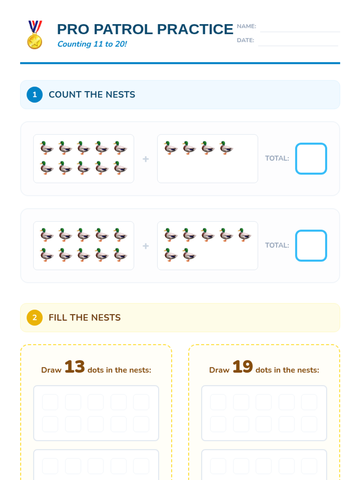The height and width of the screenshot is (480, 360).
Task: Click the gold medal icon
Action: [x=35, y=35]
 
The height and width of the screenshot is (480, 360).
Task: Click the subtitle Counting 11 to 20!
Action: [x=92, y=44]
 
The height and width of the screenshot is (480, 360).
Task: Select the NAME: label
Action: [x=246, y=26]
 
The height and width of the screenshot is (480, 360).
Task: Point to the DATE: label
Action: [x=245, y=40]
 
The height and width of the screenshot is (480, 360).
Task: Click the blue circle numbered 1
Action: [x=34, y=94]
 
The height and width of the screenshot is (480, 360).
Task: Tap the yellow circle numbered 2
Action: [x=34, y=317]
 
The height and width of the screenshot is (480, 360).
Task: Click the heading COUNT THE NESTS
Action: [x=92, y=94]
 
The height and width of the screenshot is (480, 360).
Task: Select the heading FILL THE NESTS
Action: [x=85, y=317]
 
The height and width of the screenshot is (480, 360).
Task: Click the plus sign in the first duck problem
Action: [x=145, y=159]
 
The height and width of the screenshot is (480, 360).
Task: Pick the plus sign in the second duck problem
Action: [x=145, y=246]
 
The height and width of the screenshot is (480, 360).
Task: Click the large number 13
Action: [x=74, y=367]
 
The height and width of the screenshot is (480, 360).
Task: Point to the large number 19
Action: [x=243, y=367]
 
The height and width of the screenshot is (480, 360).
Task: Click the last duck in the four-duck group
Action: [x=226, y=148]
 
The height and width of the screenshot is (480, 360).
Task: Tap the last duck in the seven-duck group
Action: [x=189, y=255]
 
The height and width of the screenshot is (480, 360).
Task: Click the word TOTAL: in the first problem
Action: [x=277, y=158]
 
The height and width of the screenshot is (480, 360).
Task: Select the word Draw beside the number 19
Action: [x=219, y=370]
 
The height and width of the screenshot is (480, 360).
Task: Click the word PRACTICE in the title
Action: [x=195, y=29]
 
